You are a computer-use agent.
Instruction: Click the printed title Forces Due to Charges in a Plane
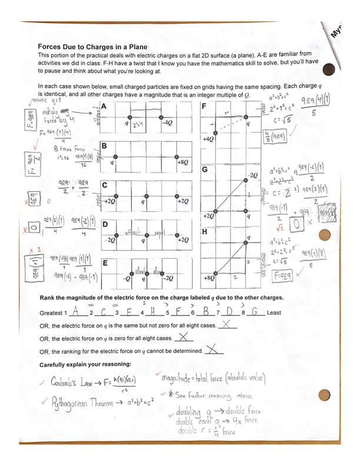[x=92, y=46]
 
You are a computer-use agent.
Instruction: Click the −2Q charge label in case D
[x=108, y=240]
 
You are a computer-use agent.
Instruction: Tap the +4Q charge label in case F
[x=207, y=140]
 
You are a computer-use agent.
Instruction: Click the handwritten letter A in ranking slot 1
[x=79, y=312]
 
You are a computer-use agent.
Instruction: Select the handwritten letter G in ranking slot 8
[x=255, y=312]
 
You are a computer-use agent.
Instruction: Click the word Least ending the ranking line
[x=274, y=314]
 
